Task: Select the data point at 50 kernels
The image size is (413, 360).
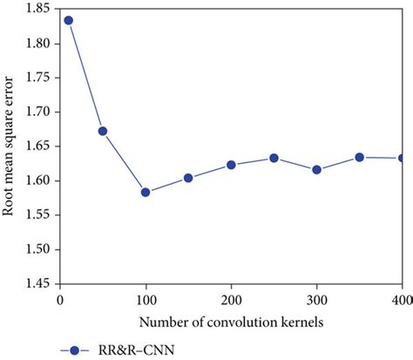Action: point(103,131)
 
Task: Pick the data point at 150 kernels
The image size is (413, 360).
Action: point(188,178)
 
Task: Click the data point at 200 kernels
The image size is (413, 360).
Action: point(231,165)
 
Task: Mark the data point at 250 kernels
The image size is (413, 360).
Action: point(274,158)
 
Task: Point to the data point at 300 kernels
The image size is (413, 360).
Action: point(316,169)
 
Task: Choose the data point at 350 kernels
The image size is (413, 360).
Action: point(359,157)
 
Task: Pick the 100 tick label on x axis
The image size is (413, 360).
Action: point(146,300)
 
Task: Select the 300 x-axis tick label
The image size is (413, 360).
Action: point(316,300)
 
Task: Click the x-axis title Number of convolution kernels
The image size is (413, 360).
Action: point(231,320)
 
